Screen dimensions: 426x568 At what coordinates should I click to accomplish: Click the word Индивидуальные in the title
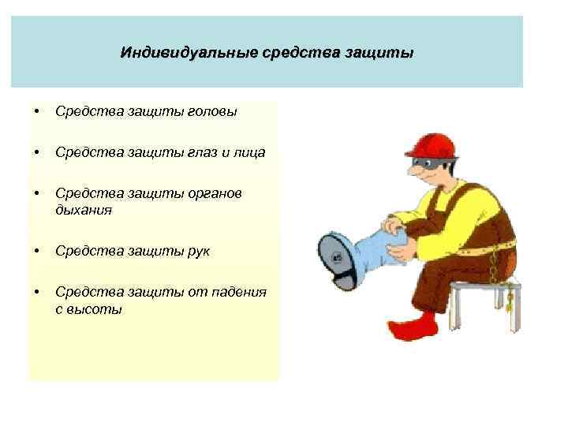coord(170,54)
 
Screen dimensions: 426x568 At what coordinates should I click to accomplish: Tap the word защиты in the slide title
coord(383,54)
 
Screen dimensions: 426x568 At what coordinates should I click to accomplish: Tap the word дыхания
coord(84,211)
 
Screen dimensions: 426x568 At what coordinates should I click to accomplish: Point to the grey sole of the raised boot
coord(335,256)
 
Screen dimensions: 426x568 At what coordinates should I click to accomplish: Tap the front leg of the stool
coord(457,312)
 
